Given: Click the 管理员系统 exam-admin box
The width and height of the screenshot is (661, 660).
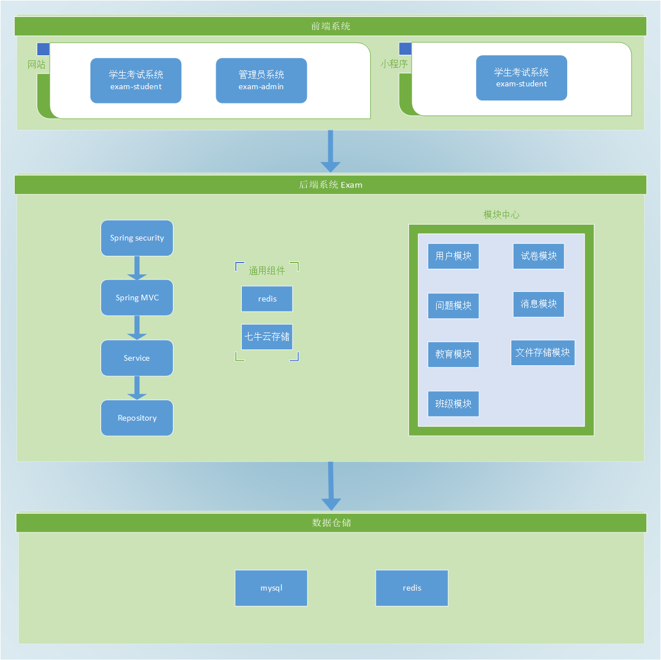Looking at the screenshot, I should coord(261,80).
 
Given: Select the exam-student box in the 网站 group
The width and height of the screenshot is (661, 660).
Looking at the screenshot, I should coord(136,80).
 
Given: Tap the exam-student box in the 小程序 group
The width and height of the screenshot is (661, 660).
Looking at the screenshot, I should coord(521,78).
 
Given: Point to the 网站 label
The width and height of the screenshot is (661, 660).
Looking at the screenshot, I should coord(37,64).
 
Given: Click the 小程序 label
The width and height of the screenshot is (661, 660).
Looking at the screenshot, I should coord(394,64).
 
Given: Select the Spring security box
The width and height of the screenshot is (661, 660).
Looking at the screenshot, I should coord(137,238).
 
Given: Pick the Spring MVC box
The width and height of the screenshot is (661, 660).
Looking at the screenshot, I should coord(137,298).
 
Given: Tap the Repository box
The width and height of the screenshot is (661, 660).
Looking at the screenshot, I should coord(137,418).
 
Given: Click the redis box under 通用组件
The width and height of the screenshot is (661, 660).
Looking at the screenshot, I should coord(267,299).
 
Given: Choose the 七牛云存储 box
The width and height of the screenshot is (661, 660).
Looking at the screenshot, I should coord(267,336).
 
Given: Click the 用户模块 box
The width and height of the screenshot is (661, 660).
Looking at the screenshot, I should coord(453,256).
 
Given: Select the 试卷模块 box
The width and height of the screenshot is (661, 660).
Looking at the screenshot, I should coord(538,256).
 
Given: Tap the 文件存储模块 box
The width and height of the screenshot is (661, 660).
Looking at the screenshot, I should coord(542,352).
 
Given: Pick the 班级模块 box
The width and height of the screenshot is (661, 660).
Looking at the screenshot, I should coord(453,404).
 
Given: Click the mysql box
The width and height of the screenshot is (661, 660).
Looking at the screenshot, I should coord(271,588).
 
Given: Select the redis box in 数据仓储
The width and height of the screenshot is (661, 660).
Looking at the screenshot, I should coord(412,588).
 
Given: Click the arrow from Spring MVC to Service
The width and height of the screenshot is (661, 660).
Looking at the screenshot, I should coord(137,327).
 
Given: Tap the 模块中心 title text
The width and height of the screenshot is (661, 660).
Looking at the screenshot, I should coord(501,215).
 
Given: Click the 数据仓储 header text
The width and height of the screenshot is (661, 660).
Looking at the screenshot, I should coord(332,523).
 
